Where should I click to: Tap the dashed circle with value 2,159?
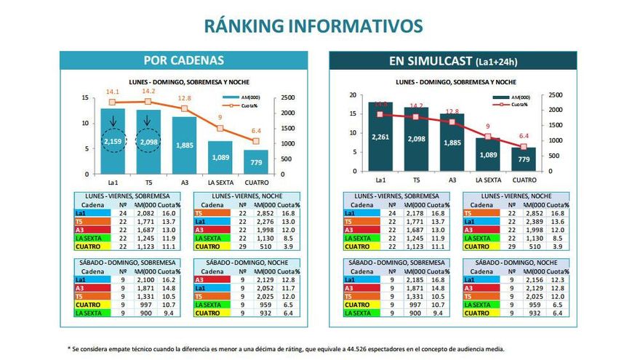(112, 141)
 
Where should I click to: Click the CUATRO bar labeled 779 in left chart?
(255, 161)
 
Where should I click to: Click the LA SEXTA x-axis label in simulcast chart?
(489, 180)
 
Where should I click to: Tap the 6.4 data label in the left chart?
(255, 131)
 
